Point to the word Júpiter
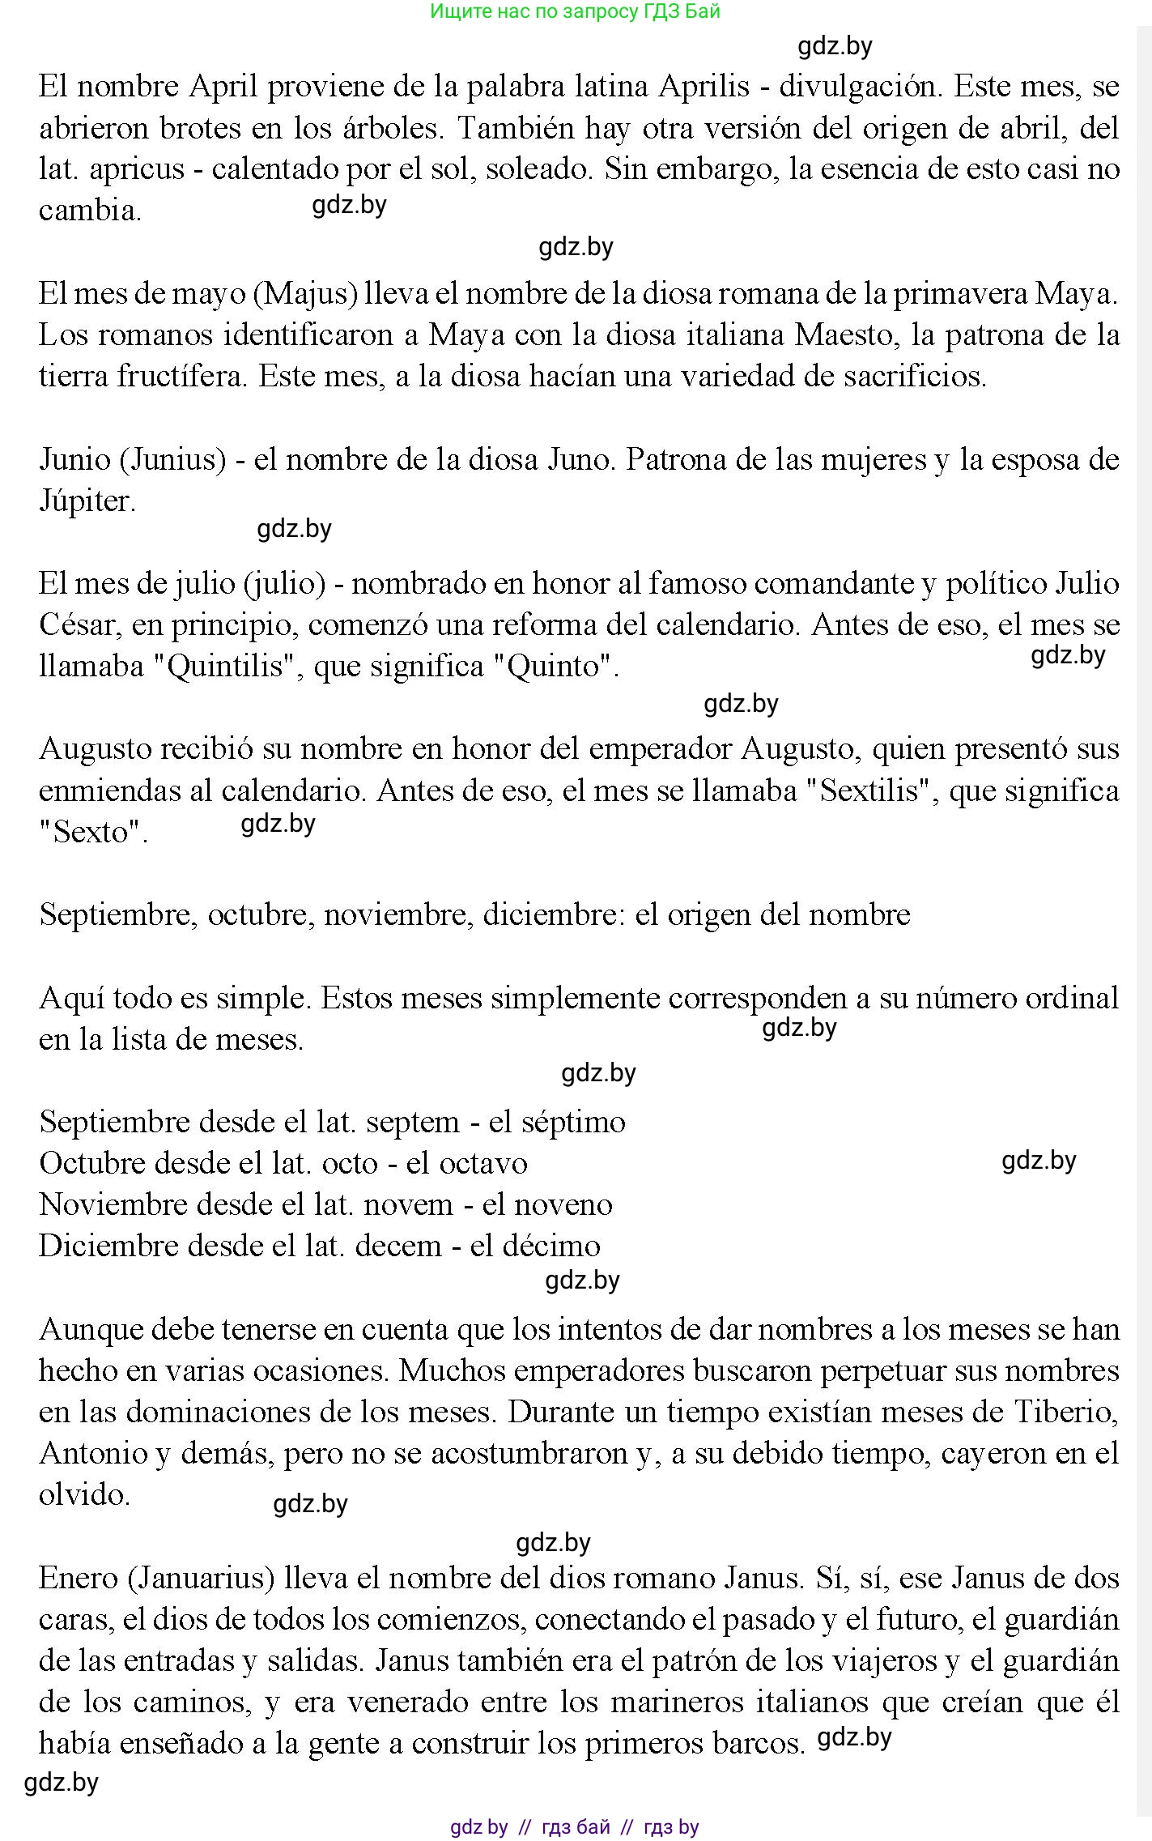(x=86, y=501)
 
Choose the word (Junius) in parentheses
(x=172, y=460)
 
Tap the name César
(x=78, y=625)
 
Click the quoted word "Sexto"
(x=93, y=832)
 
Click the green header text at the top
(x=575, y=11)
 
